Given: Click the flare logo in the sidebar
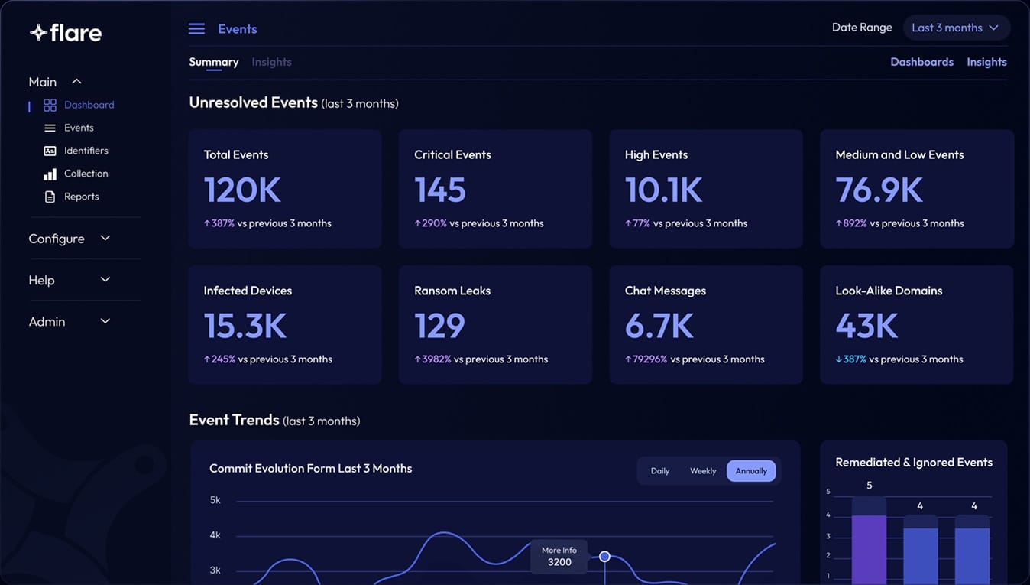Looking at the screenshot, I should (66, 33).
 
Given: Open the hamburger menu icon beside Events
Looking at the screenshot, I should (196, 29).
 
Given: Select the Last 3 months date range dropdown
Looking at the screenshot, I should (956, 28).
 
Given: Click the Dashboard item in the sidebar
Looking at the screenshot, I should (89, 105).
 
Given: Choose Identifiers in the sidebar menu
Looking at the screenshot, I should (86, 151).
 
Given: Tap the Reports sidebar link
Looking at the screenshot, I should (81, 197).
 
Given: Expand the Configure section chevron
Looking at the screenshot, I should (105, 239).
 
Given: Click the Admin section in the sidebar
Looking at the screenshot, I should (47, 322).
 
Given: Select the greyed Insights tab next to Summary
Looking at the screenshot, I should (271, 62).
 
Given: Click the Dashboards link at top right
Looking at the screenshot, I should (921, 62).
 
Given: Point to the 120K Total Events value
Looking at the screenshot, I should (242, 190).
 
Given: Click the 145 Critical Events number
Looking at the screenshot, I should (440, 190).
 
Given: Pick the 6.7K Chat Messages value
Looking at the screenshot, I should (659, 327).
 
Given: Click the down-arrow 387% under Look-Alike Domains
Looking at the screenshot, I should (851, 359).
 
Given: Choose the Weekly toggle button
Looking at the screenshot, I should (703, 471).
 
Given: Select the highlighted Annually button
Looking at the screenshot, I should (751, 471).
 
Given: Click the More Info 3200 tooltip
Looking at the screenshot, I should (559, 557).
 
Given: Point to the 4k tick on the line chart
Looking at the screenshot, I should (215, 535).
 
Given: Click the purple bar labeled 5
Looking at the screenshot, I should (869, 547).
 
